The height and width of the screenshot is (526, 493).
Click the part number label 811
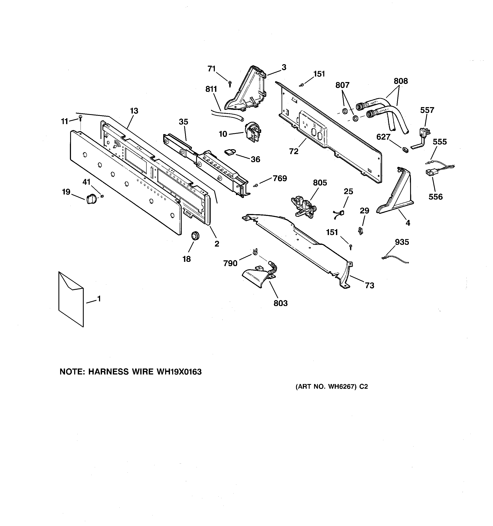tap(211, 89)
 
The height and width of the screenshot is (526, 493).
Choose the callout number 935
tap(402, 242)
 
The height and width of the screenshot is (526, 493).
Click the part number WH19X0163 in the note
tap(179, 372)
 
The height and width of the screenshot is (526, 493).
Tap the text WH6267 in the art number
tap(341, 387)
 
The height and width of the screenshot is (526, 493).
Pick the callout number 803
tap(280, 303)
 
